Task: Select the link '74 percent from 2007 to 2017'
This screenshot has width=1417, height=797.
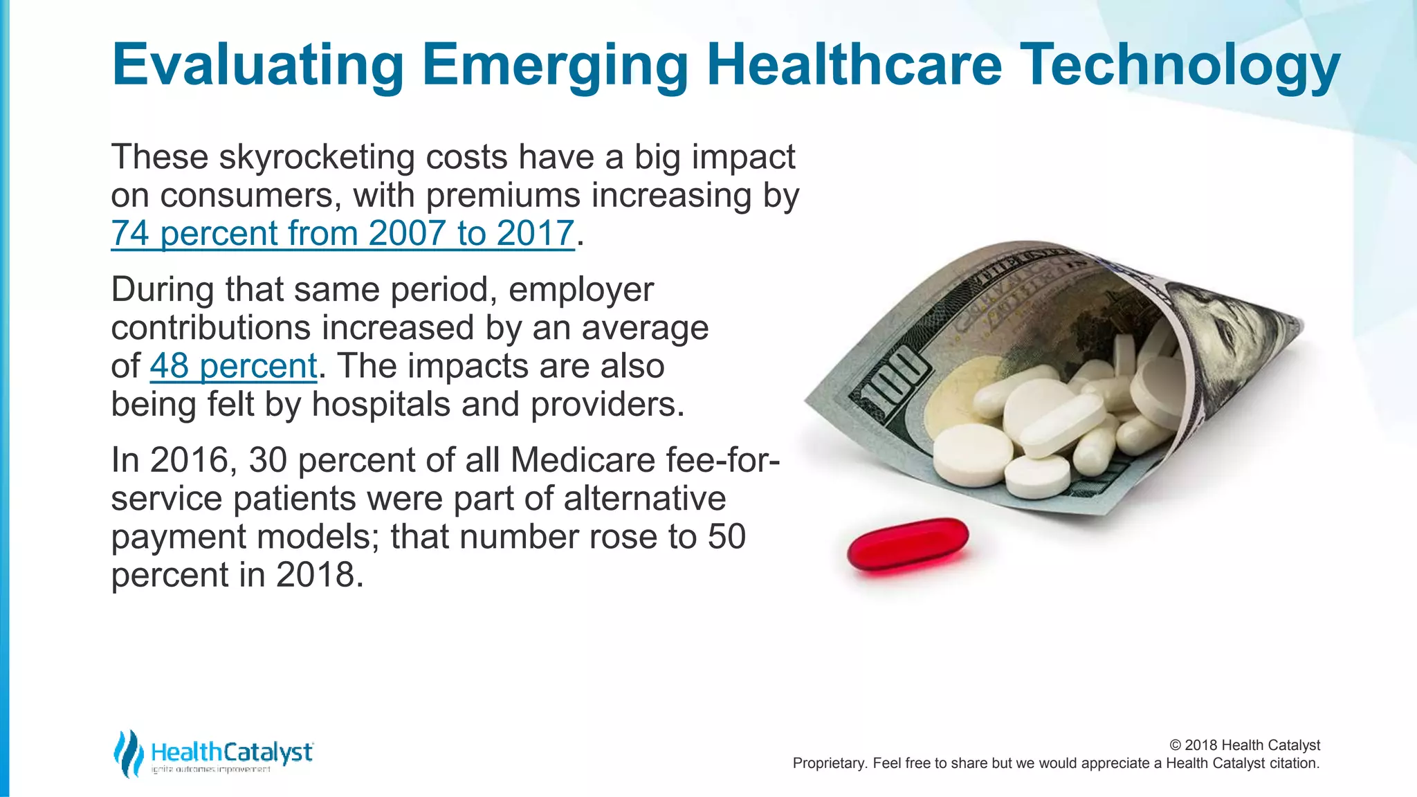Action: point(342,233)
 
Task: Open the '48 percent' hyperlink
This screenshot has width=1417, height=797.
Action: point(233,366)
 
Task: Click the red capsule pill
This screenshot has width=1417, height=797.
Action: point(908,544)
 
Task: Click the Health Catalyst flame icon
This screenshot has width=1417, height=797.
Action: point(128,753)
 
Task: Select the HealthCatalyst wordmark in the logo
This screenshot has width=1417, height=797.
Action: point(232,752)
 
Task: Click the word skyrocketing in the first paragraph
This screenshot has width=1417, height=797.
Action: point(316,158)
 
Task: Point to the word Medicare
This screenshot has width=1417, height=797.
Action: point(583,460)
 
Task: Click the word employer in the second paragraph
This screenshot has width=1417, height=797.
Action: point(580,290)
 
